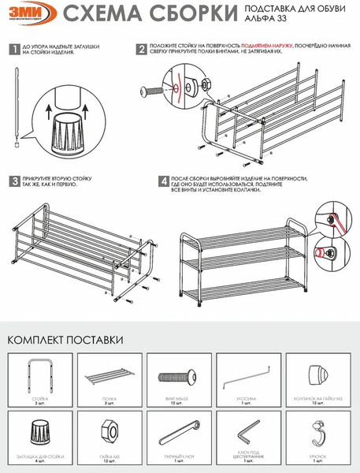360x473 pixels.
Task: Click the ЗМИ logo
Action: coord(28,15)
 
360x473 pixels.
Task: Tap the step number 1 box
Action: coord(13,50)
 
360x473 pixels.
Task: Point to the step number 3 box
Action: coord(13,181)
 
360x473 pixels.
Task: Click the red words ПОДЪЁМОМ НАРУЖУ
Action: coord(267,47)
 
